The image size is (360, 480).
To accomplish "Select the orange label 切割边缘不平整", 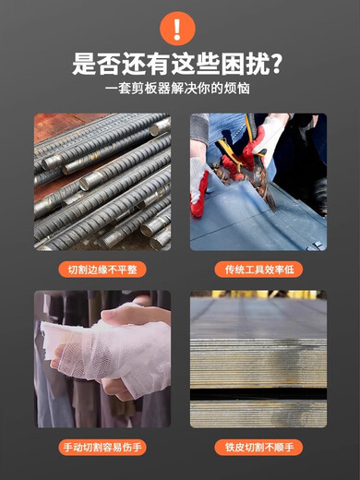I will [x=102, y=270].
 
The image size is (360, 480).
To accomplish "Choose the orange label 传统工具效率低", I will [x=258, y=270].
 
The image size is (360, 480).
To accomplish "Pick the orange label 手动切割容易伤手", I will [x=102, y=448].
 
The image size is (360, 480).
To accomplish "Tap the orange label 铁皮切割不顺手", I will [x=258, y=448].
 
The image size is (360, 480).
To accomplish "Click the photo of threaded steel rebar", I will [x=102, y=182].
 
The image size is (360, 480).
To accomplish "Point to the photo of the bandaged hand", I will [x=102, y=359].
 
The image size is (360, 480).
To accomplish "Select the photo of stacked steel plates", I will [x=258, y=359].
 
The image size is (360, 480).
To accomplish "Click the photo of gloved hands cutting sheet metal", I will [x=258, y=182].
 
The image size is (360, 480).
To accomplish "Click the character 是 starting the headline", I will [x=86, y=65].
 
